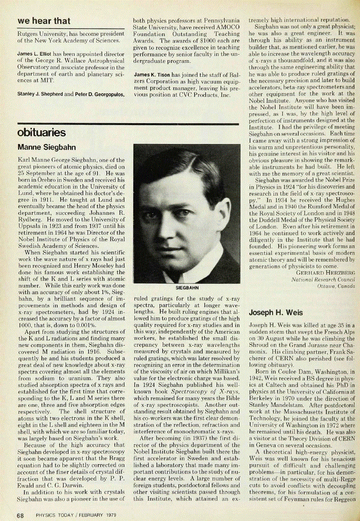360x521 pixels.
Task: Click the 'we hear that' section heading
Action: point(43,21)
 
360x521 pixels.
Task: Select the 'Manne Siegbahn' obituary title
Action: point(46,147)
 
